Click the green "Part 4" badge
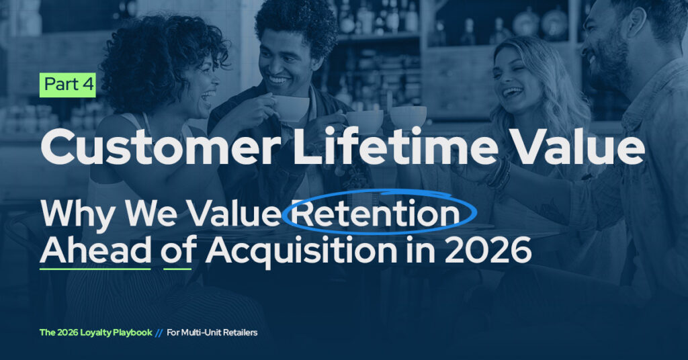pyautogui.click(x=68, y=85)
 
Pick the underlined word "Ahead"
pyautogui.click(x=95, y=250)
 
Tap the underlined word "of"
pyautogui.click(x=177, y=250)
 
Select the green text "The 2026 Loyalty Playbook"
pyautogui.click(x=95, y=332)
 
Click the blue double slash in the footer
pyautogui.click(x=159, y=333)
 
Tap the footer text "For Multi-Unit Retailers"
pyautogui.click(x=212, y=332)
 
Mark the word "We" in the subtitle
pyautogui.click(x=151, y=214)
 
